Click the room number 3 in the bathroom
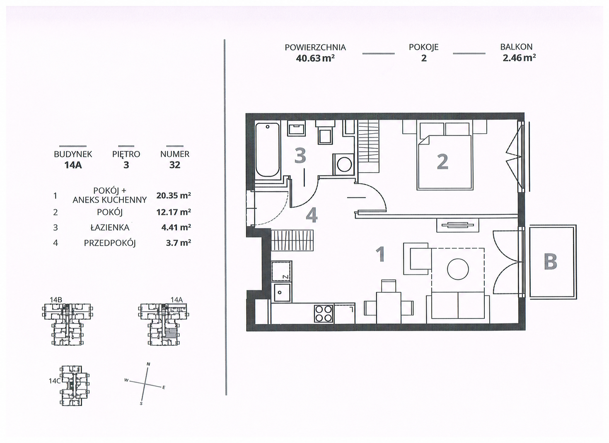coord(300,156)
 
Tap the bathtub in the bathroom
coord(268,150)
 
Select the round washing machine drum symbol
coord(344,164)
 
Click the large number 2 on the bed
coord(442,162)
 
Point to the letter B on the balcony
coord(551,261)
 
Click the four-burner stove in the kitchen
coord(324,313)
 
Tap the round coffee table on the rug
coord(458,269)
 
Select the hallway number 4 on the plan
coord(312,216)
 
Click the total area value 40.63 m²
coord(315,58)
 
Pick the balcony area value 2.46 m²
coord(519,58)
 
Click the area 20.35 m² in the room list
coord(174,195)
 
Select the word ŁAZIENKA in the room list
coord(110,227)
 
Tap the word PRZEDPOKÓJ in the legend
coord(110,243)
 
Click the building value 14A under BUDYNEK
coord(73,165)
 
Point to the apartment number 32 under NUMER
coord(174,165)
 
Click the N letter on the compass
coord(148,364)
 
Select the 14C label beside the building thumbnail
coord(54,381)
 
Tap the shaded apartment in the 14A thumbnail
coord(170,333)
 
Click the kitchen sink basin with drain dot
coord(282,292)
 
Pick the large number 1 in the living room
coord(380,254)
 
